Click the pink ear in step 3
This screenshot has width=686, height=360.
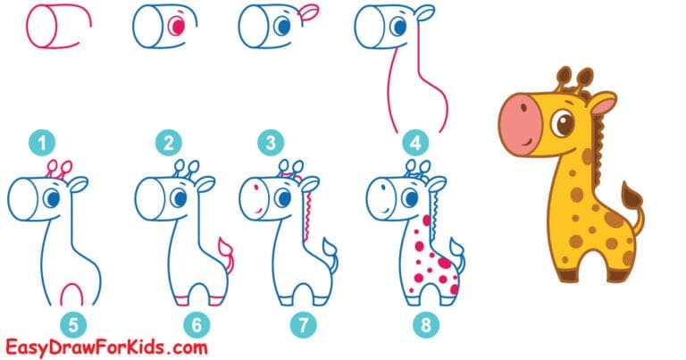308,12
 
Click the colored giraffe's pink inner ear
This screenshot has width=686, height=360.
602,107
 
